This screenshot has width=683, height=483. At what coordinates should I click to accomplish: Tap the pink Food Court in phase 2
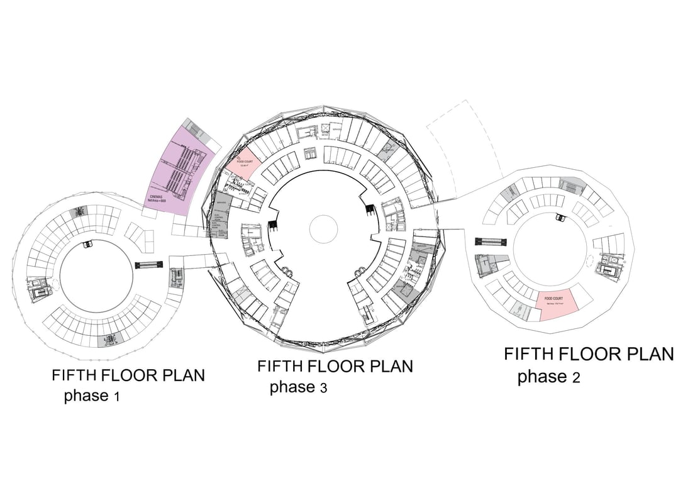coord(557,306)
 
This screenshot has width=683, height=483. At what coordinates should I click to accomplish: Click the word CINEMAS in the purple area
coord(157,197)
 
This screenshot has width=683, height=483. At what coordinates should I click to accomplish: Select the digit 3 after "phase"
coord(323,388)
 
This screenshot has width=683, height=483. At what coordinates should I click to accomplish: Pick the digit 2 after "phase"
coord(575,378)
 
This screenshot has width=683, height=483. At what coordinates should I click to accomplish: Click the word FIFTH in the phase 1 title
coord(74,376)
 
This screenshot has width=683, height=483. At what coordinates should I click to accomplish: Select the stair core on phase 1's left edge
coord(36,287)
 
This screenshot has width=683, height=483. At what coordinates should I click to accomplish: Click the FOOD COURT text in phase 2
coord(553,297)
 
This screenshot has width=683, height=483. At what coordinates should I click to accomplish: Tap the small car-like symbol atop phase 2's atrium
coord(559,218)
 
